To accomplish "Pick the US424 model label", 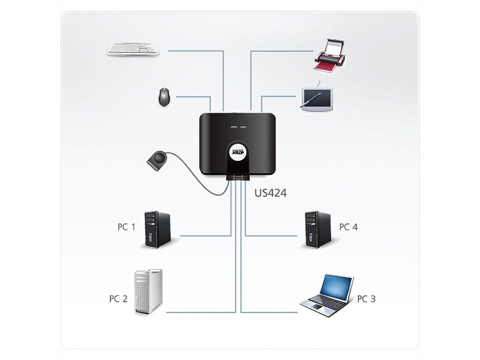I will coord(271,193).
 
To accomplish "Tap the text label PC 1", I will coord(126,227).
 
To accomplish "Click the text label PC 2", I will coord(118,299).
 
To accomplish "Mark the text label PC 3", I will coord(366,299).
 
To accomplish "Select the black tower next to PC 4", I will coord(318,229).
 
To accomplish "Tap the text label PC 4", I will coord(348,227).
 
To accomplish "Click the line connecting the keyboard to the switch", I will coord(196,51).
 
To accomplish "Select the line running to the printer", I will coord(280,51).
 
